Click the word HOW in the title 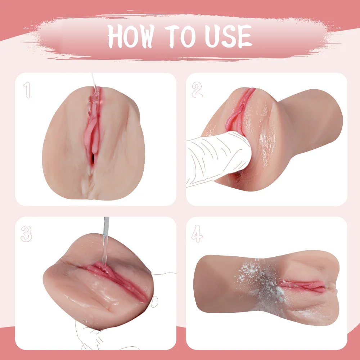tap(131, 36)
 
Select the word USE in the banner tap(229, 36)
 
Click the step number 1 tap(27, 90)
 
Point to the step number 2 tap(197, 90)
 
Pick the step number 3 tap(26, 234)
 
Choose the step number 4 tap(197, 234)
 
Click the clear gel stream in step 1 tap(94, 92)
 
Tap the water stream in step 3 tap(105, 241)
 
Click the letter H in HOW tap(115, 36)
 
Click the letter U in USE tap(212, 36)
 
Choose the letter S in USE tap(229, 36)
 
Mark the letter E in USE tap(245, 36)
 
